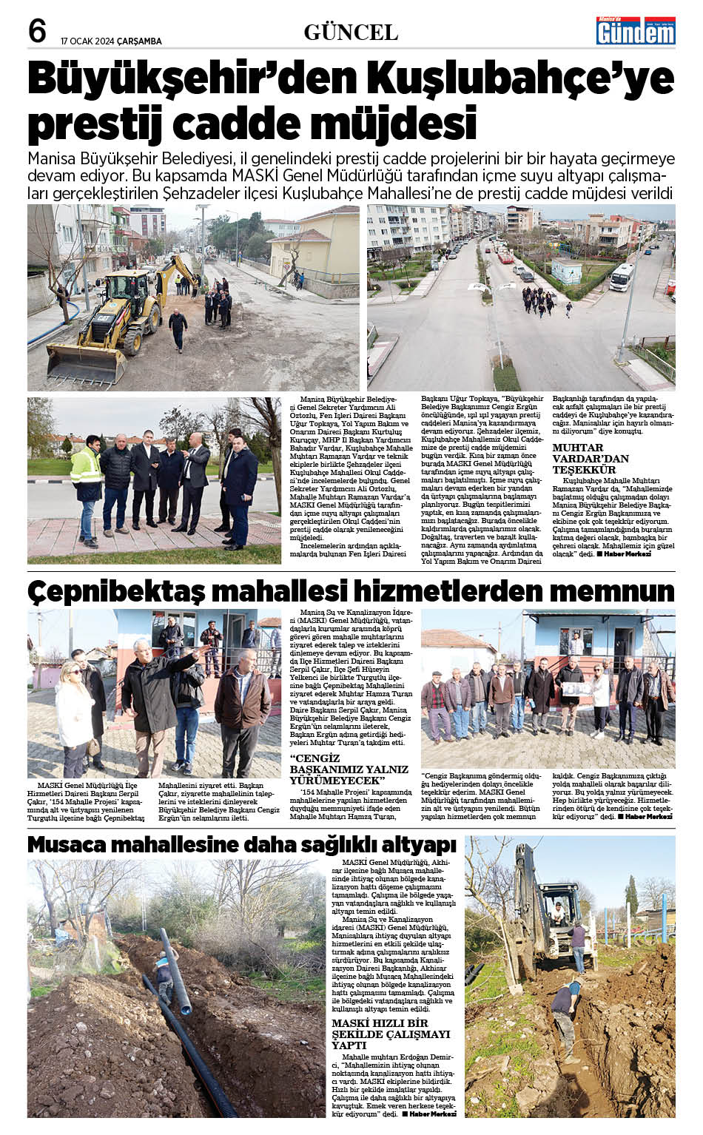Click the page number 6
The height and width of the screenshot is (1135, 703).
pos(37,32)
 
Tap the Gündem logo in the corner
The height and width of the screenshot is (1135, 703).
pos(636,31)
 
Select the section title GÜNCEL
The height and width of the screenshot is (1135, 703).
pos(351,33)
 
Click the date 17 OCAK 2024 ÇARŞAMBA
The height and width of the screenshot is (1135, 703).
pos(111,41)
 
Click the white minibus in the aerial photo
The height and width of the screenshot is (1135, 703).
pos(622,277)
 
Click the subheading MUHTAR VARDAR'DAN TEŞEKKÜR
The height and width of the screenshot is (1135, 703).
pos(591,458)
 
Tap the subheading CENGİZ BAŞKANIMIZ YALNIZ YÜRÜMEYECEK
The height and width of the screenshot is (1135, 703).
pos(349,769)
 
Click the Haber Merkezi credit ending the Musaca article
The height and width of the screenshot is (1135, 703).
pos(433,1113)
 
